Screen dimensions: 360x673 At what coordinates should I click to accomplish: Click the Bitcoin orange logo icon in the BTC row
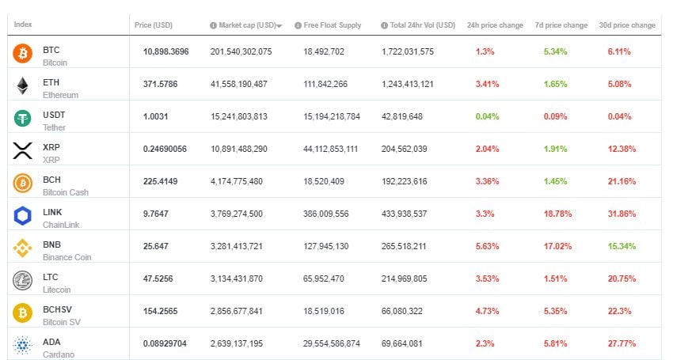[x=22, y=54]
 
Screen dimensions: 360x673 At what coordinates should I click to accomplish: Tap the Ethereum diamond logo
[x=22, y=86]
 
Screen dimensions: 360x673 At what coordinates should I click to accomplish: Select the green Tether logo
[x=22, y=119]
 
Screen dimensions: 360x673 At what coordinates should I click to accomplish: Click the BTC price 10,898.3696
[x=166, y=51]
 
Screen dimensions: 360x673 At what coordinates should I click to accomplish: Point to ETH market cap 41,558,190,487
[x=241, y=84]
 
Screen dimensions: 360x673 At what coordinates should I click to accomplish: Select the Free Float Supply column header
[x=333, y=25]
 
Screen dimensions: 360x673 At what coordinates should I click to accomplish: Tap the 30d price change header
[x=627, y=25]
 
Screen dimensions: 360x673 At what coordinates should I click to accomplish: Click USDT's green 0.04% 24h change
[x=486, y=116]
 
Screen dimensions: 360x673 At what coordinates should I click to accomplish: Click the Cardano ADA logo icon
[x=22, y=346]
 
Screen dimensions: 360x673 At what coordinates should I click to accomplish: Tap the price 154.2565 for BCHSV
[x=161, y=311]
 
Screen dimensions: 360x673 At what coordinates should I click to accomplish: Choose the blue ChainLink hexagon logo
[x=22, y=216]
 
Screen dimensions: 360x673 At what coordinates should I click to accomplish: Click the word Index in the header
[x=23, y=25]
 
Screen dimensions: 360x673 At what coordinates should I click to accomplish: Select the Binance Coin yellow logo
[x=22, y=248]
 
